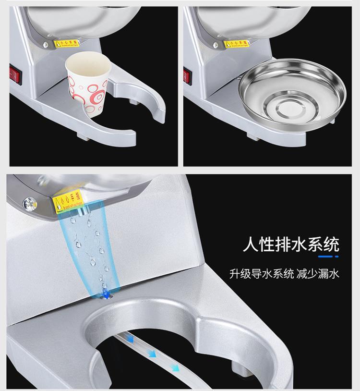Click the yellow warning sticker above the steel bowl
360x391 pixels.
coord(236,44)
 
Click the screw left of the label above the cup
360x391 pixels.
coord(46,45)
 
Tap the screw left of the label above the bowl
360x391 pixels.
coord(216,45)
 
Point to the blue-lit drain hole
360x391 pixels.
coord(104,293)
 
